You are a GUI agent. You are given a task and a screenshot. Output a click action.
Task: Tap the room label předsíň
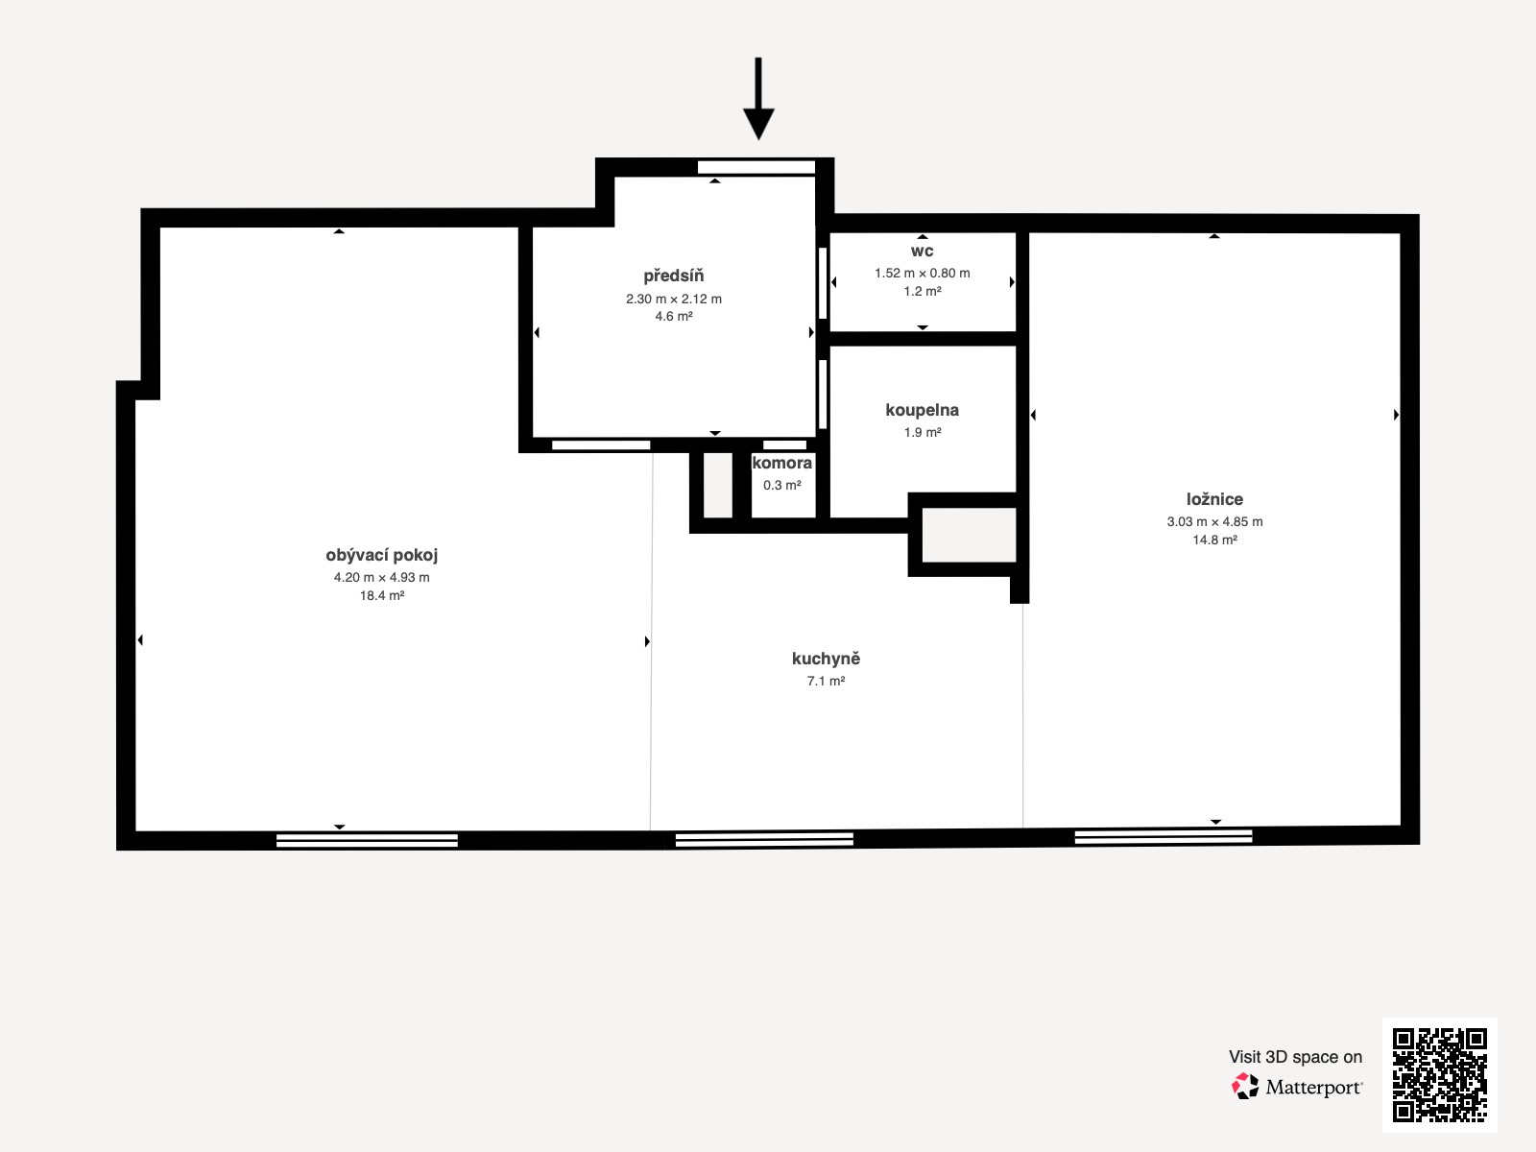point(674,276)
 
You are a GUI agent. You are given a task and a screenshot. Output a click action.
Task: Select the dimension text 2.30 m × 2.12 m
point(674,299)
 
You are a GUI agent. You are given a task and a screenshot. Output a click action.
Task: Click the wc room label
point(922,251)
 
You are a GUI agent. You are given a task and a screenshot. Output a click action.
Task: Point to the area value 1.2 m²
point(922,291)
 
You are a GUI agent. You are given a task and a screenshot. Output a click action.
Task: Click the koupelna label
point(922,410)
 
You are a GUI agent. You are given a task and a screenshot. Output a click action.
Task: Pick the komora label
point(781,463)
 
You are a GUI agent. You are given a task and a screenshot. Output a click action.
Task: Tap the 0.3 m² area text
point(781,485)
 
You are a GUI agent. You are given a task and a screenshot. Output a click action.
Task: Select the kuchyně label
point(826,659)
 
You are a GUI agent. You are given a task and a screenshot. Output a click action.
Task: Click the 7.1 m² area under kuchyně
point(826,681)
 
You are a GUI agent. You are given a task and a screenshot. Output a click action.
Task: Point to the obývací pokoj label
point(381,555)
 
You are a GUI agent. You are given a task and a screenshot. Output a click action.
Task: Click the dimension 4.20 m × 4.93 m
point(381,577)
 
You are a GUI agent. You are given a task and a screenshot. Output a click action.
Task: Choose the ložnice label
point(1214,499)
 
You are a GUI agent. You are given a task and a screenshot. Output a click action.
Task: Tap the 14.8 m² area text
point(1214,540)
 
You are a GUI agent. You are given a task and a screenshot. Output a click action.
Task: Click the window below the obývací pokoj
point(367,840)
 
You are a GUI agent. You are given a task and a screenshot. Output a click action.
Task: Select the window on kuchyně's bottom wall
point(764,839)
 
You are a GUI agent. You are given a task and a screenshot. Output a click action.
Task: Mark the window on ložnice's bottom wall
point(1163,836)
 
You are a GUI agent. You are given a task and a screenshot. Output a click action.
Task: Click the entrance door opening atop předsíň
point(756,167)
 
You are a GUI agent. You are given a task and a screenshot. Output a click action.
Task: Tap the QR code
point(1439,1074)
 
